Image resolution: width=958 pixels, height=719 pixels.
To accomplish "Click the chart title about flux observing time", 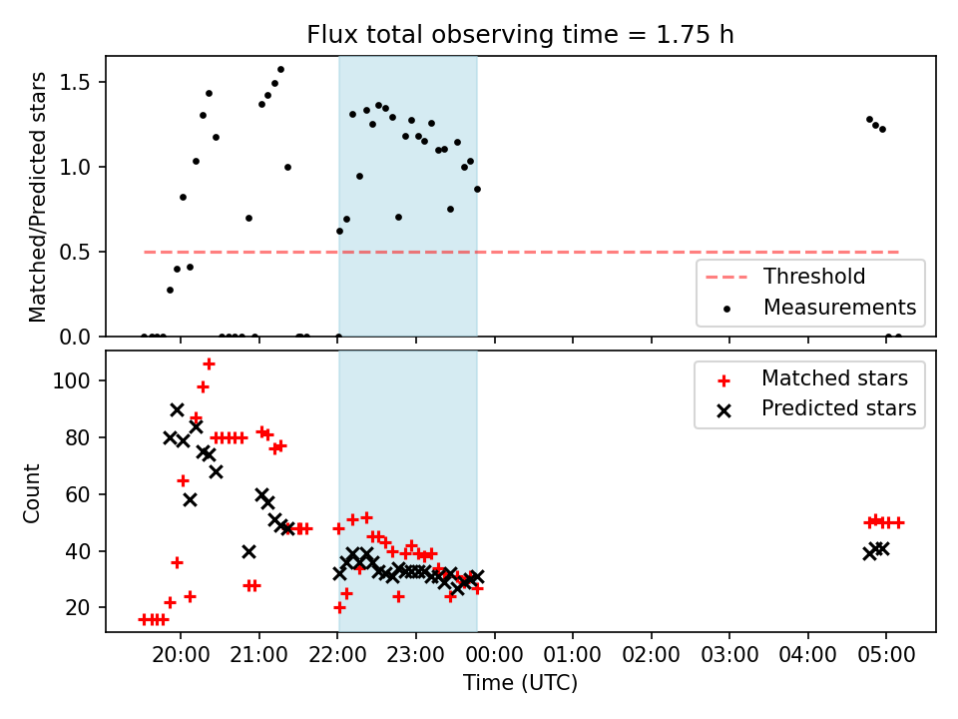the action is coord(520,35).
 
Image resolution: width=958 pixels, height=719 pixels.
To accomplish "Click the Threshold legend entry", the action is coord(785,277).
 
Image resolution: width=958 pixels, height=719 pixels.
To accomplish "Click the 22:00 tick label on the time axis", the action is coord(337,655).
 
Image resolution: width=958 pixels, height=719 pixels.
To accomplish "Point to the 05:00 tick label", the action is coord(886,655).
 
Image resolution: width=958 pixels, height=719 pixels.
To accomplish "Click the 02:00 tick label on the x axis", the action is coord(651,655).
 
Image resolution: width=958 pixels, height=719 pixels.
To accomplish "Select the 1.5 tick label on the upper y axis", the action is coord(75,83).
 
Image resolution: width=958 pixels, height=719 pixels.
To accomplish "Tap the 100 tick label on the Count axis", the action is coord(72,380).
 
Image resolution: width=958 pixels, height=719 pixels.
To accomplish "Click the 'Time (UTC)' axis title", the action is coord(520,683).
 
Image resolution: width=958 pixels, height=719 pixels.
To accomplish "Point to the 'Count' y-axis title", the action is coord(31,493).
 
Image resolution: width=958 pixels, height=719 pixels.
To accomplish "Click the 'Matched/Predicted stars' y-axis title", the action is coord(37,197).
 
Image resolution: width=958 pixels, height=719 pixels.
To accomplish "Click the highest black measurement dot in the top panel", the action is coord(280,70).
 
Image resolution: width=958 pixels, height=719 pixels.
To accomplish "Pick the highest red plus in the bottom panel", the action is coord(209,364).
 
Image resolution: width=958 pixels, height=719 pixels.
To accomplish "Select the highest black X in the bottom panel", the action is coord(177,410).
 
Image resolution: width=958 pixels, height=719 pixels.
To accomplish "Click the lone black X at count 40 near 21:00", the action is coord(248,552).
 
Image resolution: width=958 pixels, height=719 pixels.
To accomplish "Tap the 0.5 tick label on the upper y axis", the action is coord(75,253).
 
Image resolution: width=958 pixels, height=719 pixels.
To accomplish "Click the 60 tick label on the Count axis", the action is coord(78,494).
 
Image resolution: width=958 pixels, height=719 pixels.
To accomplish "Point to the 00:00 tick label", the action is coord(494,655).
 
